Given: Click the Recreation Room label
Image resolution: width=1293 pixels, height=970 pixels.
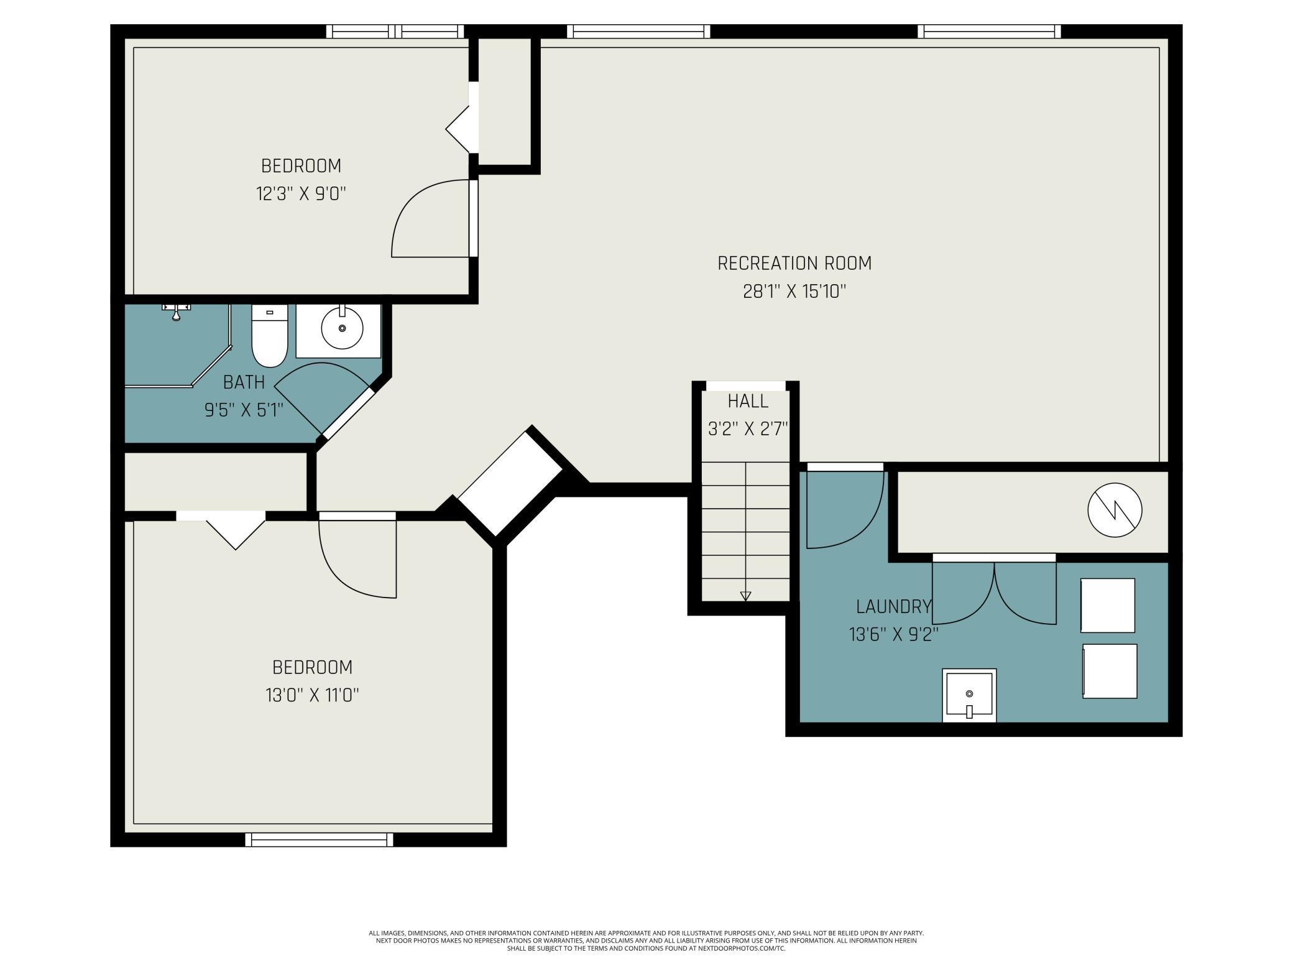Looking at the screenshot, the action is coord(794,264).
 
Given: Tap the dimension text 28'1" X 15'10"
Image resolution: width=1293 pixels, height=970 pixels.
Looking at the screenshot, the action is coord(794,292).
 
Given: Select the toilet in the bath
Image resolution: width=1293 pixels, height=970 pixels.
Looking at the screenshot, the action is coord(269,336).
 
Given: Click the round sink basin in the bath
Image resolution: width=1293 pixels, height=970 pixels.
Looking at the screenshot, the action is coord(342,327).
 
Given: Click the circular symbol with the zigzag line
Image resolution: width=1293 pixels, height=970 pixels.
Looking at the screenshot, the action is coord(1115,510).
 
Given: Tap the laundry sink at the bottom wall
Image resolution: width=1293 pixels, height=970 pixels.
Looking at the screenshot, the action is coord(969,695).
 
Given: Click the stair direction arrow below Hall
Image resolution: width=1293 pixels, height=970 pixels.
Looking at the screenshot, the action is coord(746,596).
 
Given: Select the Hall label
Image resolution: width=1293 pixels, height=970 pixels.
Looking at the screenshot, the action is coord(748,402).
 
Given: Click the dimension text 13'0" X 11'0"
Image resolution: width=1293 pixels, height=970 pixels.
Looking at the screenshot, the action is coord(313,695).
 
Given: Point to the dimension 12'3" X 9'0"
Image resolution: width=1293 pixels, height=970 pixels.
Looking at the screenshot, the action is coord(301,194).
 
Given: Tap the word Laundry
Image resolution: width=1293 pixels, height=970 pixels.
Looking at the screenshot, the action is coord(894,606).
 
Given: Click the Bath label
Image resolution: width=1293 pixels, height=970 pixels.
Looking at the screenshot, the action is coord(244,382).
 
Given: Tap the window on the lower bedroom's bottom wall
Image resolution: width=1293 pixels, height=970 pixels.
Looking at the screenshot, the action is coord(320,839).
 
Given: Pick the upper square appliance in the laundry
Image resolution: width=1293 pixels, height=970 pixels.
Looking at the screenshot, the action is coord(1108,606).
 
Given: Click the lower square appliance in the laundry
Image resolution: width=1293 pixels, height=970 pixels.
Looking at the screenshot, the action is coord(1110,671).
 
